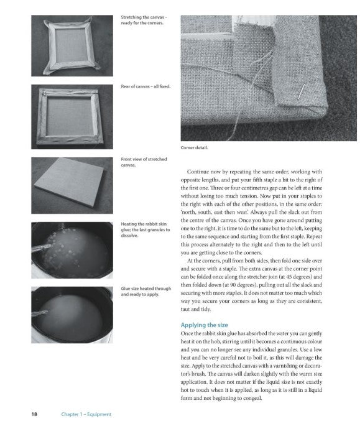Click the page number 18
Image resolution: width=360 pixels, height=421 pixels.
pyautogui.click(x=34, y=414)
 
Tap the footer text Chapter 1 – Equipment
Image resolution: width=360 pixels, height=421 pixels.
pyautogui.click(x=86, y=414)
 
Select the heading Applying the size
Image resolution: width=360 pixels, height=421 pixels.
pyautogui.click(x=205, y=325)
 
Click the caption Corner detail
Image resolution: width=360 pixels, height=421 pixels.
pyautogui.click(x=194, y=147)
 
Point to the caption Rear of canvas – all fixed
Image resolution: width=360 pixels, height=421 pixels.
pyautogui.click(x=145, y=86)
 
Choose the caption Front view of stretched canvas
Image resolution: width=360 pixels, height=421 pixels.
pyautogui.click(x=144, y=162)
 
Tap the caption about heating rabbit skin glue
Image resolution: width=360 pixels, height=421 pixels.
pyautogui.click(x=145, y=229)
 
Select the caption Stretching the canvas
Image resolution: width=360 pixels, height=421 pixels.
pyautogui.click(x=144, y=20)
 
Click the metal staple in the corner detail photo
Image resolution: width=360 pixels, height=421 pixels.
pyautogui.click(x=301, y=91)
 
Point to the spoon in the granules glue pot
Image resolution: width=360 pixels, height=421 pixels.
pyautogui.click(x=41, y=248)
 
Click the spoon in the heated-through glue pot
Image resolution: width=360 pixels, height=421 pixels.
pyautogui.click(x=40, y=313)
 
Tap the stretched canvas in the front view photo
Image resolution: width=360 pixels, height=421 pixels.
pyautogui.click(x=70, y=182)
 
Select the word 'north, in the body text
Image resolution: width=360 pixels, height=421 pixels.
pyautogui.click(x=190, y=213)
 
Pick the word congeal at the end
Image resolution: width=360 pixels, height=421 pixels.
pyautogui.click(x=252, y=398)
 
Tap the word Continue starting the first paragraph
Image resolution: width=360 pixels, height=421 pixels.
pyautogui.click(x=198, y=172)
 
